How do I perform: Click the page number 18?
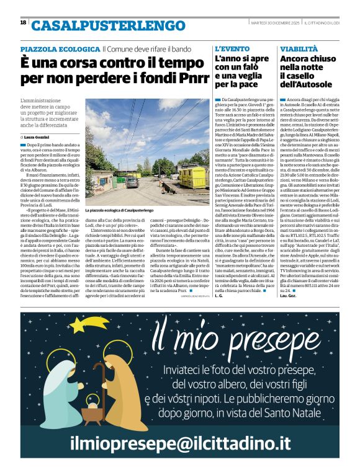click(23, 22)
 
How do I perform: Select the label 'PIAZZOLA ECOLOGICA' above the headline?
click(60, 49)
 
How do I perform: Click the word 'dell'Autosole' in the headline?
click(308, 84)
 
